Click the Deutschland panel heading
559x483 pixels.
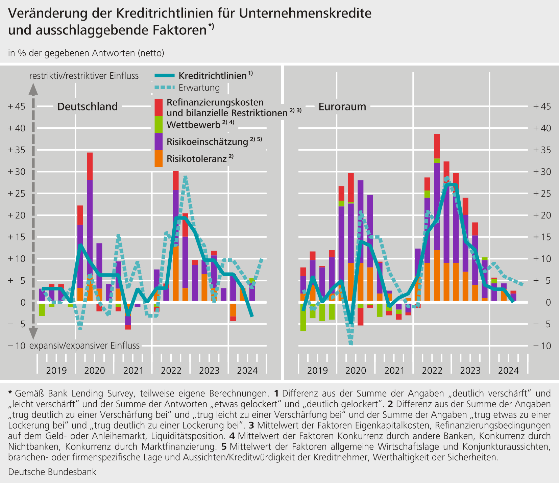tap(88, 107)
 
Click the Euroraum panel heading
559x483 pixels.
tap(342, 107)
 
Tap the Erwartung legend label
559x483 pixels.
tap(199, 88)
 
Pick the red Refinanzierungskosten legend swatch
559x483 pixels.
tap(159, 107)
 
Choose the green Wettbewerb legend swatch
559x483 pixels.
tap(159, 125)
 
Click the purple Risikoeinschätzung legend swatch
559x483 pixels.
tap(159, 142)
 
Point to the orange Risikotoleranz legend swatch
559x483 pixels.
tap(159, 158)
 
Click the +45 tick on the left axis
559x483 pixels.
tap(16, 107)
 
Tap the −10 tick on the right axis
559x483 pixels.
tap(542, 346)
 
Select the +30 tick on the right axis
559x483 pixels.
tap(542, 172)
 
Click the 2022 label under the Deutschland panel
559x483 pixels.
tap(171, 371)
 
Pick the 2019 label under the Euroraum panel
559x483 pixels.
tap(317, 371)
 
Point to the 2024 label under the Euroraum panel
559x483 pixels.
tap(509, 371)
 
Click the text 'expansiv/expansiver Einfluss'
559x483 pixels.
tap(84, 346)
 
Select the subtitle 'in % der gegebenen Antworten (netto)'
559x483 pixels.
tap(86, 53)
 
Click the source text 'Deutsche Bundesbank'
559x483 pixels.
tap(52, 472)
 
